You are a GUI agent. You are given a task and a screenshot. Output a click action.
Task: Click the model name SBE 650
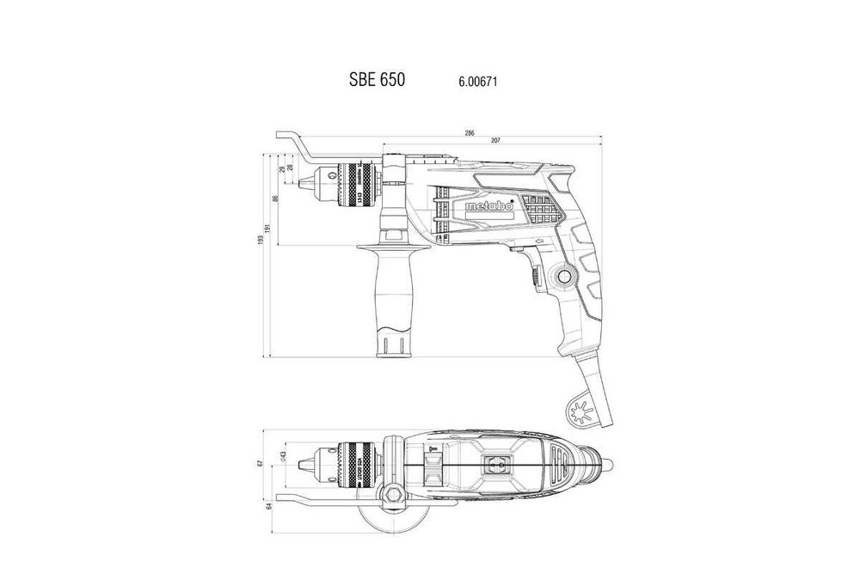[376, 80]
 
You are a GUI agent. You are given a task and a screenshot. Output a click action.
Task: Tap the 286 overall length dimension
[470, 133]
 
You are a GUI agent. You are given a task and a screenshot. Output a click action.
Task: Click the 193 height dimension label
[261, 241]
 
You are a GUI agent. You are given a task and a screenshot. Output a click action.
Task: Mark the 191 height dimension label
[269, 229]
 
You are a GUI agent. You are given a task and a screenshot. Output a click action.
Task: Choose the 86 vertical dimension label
[275, 198]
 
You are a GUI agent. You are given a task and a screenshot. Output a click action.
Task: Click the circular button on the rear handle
[566, 277]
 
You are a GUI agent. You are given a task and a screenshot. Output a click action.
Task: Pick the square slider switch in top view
[496, 464]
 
